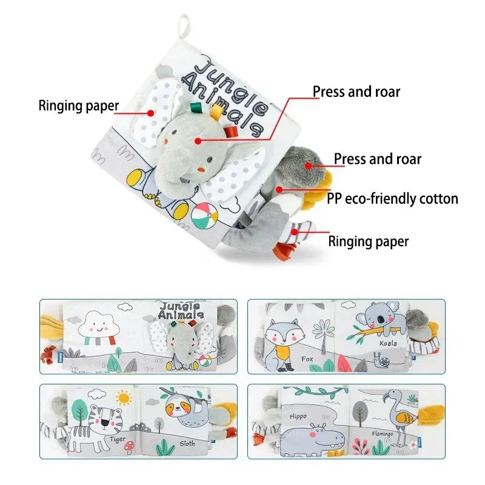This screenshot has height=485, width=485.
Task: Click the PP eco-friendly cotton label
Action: point(392,198)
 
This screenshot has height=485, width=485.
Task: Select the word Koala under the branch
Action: point(388,343)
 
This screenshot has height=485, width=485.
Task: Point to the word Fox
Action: point(307,359)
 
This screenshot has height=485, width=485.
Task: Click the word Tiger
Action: point(118,438)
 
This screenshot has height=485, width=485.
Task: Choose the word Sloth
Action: point(187,444)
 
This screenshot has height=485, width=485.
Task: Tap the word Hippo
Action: point(298,416)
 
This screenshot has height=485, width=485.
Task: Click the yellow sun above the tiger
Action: point(125,398)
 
